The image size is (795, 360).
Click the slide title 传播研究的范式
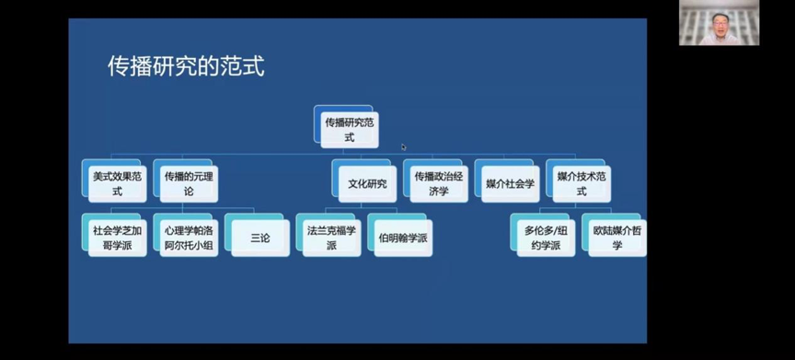coord(186,66)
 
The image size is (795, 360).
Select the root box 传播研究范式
coord(349,129)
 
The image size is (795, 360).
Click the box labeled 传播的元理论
coord(189,183)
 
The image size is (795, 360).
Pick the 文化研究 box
coord(367,183)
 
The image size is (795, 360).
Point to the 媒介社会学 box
coord(511,183)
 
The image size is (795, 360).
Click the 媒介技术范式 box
coord(582,183)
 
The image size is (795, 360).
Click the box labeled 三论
coord(260,238)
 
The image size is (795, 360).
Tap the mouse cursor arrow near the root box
coord(403,146)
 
